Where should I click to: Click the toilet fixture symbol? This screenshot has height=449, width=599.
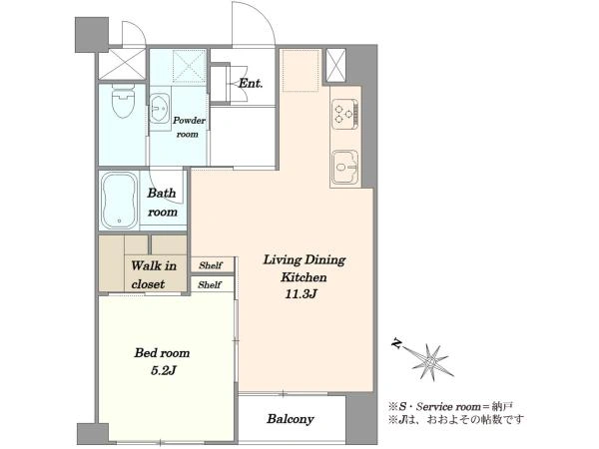[123, 101]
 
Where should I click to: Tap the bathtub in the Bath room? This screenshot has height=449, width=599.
[120, 201]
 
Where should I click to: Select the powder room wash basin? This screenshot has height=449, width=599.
[159, 109]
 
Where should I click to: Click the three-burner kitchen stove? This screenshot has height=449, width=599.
[344, 114]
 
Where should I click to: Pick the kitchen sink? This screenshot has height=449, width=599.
[345, 167]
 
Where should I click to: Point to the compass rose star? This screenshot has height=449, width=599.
[431, 361]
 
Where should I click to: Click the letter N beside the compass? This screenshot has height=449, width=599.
[397, 344]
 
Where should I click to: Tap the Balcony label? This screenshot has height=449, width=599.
[291, 419]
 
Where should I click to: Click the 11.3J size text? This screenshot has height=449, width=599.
[301, 294]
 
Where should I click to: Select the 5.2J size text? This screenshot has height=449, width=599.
[163, 370]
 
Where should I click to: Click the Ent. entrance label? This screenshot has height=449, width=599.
[251, 83]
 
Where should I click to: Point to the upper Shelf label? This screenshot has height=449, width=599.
[210, 265]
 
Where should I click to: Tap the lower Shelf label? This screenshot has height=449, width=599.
[210, 284]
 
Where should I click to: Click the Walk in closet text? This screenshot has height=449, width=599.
[154, 275]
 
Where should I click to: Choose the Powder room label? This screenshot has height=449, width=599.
[189, 127]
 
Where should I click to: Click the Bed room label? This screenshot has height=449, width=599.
[162, 353]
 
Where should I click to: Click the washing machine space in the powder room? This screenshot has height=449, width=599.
[189, 66]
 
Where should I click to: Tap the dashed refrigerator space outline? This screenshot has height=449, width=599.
[300, 70]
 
